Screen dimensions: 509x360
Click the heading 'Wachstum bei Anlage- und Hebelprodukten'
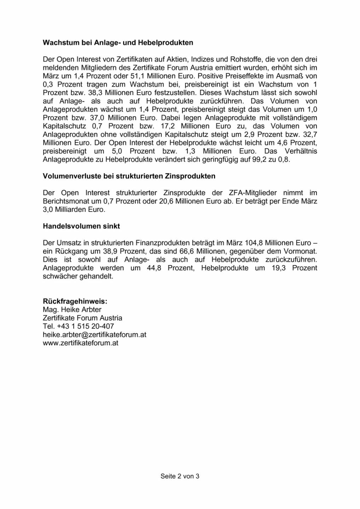point(118,43)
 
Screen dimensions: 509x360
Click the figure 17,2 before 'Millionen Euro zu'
point(168,126)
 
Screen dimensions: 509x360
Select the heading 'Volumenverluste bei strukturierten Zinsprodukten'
point(129,176)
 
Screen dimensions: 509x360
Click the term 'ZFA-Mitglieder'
point(252,193)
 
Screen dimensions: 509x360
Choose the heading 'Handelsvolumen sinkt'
point(81,226)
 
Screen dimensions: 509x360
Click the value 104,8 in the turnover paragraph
point(254,243)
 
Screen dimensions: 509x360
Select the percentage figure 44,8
point(154,268)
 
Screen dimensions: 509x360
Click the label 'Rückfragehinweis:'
point(75,302)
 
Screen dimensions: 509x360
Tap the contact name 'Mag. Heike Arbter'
point(72,310)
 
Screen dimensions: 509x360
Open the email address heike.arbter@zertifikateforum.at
point(94,335)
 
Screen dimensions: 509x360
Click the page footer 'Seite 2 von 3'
point(180,476)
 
